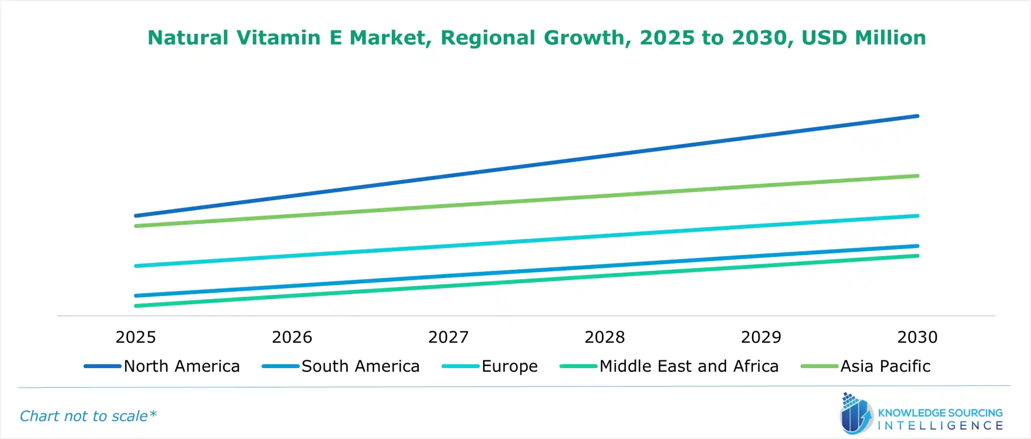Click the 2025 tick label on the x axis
pos(135,337)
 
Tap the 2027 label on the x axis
pos(448,337)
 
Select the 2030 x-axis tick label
pos(917,337)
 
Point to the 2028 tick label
pos(605,337)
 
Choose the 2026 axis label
pos(292,337)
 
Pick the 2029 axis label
pos(761,337)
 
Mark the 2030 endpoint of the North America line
pos(917,116)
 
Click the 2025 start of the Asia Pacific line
pos(136,226)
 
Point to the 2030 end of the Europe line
pos(917,216)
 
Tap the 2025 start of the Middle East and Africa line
pos(136,306)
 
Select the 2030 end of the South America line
pos(917,246)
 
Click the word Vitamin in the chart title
pos(278,37)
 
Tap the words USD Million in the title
pos(863,37)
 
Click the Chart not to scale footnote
pos(88,416)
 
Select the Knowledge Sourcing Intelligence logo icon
pos(855,415)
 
